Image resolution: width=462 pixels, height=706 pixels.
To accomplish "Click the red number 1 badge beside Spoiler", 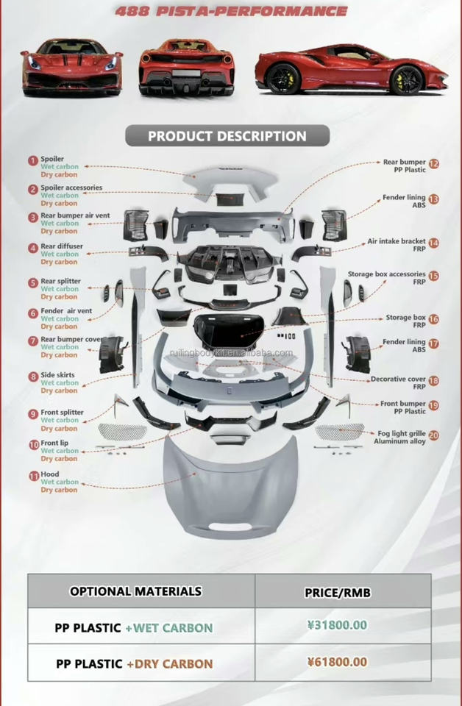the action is (32, 160).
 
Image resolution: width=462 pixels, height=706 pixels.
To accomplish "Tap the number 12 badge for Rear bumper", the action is (434, 164).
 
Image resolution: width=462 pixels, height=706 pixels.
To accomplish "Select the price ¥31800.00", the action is (337, 626).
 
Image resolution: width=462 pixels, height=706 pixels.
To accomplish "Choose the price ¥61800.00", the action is (337, 662).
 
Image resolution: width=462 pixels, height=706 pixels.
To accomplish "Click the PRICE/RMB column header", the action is (336, 592).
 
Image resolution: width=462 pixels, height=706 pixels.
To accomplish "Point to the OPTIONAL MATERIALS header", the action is (135, 591).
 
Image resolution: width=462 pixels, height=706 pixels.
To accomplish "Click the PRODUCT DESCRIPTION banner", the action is (227, 136).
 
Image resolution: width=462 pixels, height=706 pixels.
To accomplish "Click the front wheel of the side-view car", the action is (406, 79).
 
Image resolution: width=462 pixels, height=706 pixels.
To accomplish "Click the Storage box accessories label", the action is (387, 274).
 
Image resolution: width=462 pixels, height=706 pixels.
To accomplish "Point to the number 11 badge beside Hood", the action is (33, 476).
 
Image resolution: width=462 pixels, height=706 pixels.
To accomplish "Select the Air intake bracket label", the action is (397, 241).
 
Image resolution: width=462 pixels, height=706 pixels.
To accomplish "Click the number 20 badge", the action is (434, 435).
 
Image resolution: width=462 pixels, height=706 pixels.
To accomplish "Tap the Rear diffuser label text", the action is (62, 246).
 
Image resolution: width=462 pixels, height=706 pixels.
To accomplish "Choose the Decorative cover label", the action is (398, 379).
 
